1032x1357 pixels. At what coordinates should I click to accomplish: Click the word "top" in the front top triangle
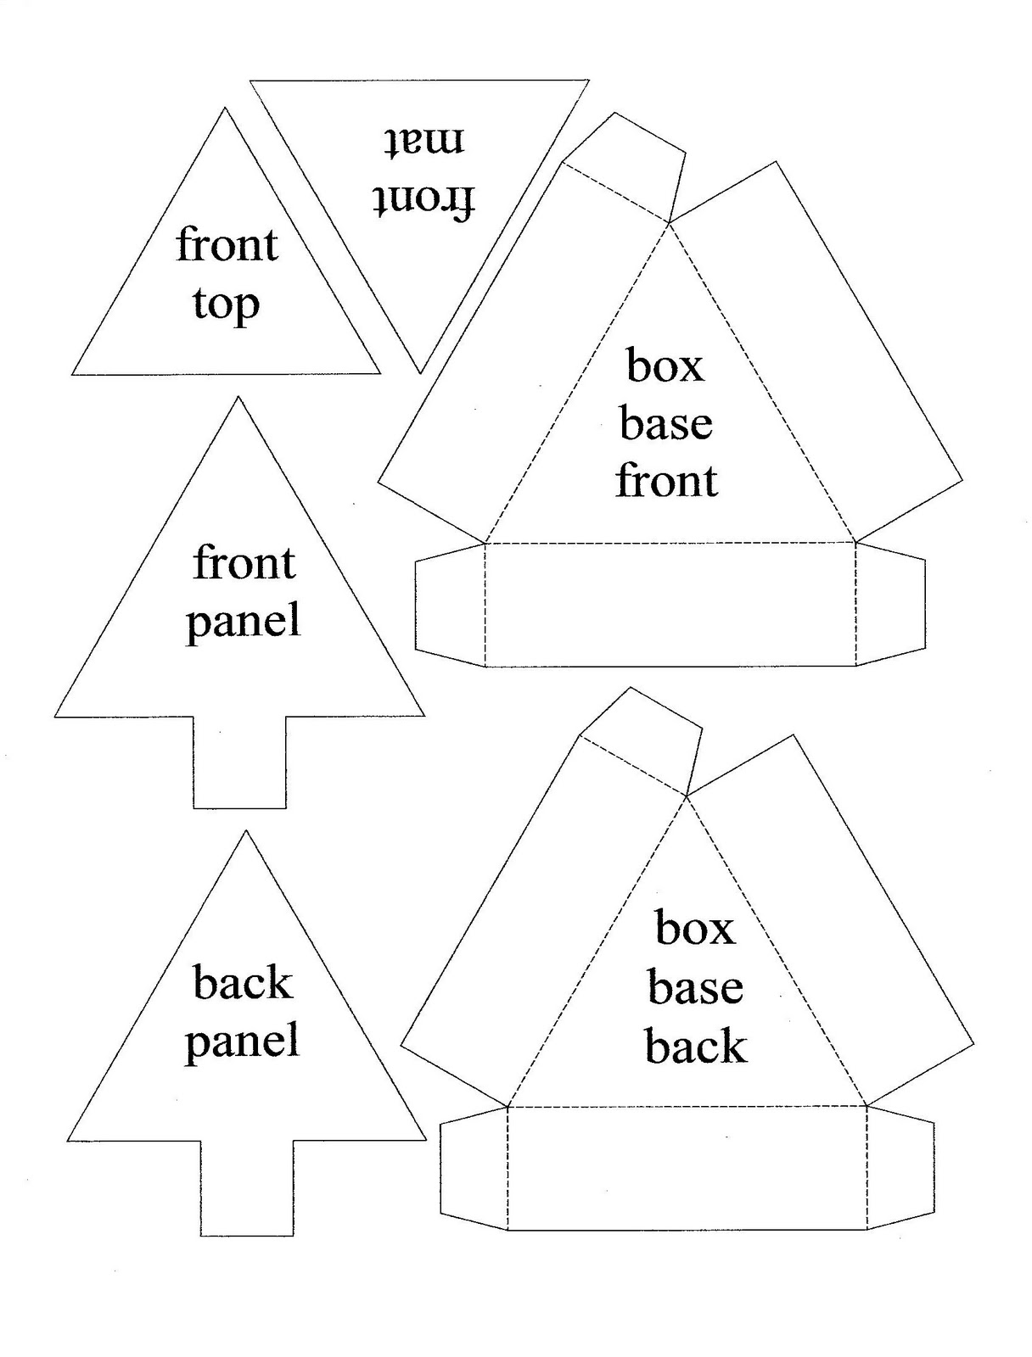226,304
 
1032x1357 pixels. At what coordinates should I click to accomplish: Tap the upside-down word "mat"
423,142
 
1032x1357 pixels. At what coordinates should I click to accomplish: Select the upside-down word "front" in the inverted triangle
423,202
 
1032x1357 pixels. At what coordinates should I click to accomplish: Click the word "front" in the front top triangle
227,245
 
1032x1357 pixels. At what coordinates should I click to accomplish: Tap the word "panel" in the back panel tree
243,1041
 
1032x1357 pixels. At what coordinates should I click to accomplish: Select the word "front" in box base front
666,481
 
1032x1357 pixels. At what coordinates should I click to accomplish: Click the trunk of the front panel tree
240,762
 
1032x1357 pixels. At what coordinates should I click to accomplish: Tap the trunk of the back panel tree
247,1188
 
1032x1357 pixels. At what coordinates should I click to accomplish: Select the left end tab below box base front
450,605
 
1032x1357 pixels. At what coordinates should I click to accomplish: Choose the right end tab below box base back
900,1166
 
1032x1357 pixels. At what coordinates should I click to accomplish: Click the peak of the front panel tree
238,397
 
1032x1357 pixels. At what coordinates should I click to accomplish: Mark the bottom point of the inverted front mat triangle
420,373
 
